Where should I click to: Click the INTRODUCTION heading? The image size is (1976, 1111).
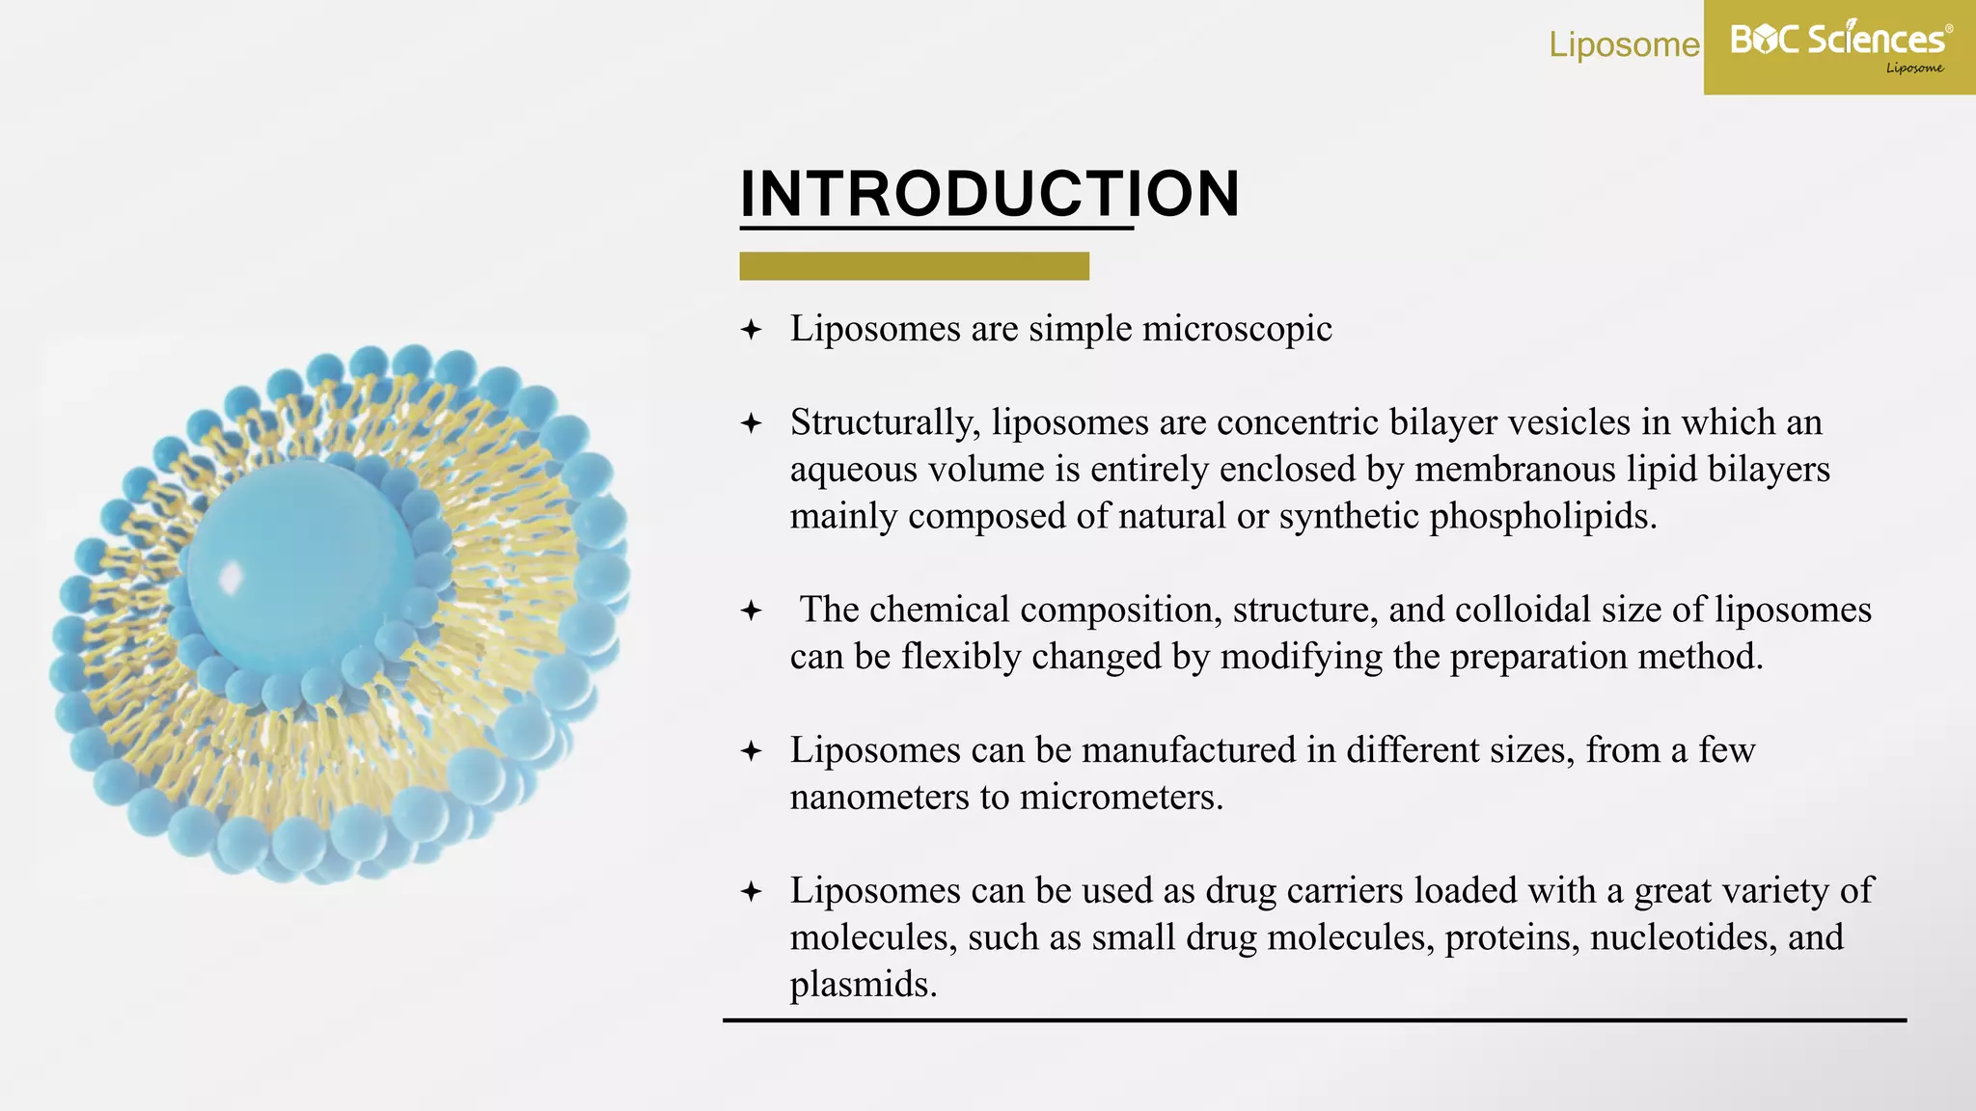click(x=989, y=194)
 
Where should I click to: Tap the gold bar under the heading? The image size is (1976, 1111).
click(x=914, y=266)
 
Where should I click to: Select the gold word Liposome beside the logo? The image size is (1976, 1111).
click(x=1624, y=44)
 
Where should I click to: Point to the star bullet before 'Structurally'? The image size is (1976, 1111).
click(x=752, y=423)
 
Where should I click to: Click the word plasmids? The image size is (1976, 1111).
click(x=863, y=985)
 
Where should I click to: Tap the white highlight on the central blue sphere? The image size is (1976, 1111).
click(x=231, y=578)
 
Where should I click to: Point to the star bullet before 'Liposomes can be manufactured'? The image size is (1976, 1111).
click(x=752, y=751)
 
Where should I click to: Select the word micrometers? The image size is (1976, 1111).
click(x=1121, y=798)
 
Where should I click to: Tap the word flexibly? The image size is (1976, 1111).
click(x=960, y=657)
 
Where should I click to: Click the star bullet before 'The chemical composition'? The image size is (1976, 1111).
click(x=752, y=610)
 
